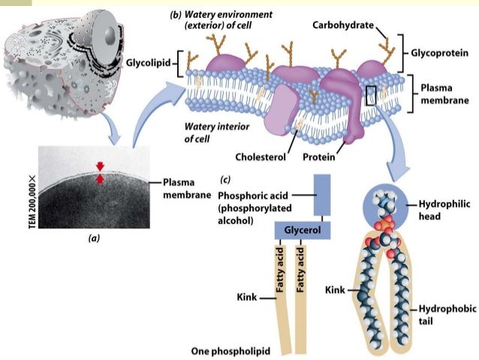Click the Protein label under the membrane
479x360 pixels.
[x=318, y=157]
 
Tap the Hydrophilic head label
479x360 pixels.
[x=439, y=210]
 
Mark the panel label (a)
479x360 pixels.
[x=94, y=238]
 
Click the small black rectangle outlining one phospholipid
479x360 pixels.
[x=371, y=95]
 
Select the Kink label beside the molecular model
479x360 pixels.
[x=336, y=289]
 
